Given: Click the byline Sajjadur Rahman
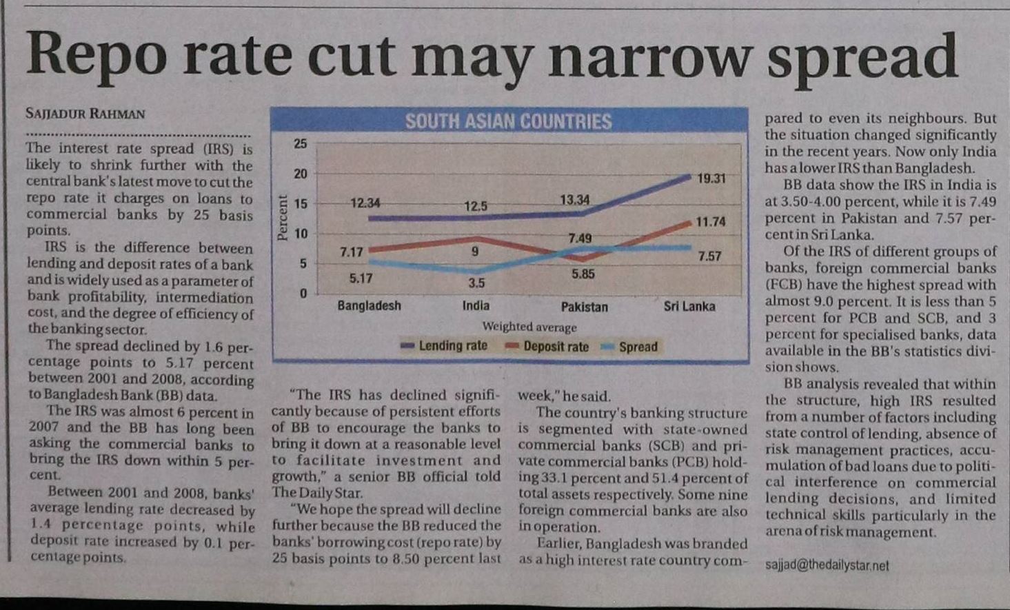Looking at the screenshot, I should (x=85, y=113).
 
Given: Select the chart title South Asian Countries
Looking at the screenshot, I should (x=508, y=122).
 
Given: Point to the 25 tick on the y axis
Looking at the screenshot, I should (x=301, y=144).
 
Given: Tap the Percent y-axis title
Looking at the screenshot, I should (x=282, y=218).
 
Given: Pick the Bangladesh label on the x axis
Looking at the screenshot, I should (x=369, y=305).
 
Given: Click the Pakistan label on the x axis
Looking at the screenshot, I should (x=584, y=307).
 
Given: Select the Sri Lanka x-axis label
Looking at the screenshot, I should (x=689, y=306).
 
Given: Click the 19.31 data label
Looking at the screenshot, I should (x=711, y=179).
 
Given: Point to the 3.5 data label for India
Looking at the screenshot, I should (x=476, y=283).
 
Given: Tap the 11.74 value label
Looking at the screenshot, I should (x=710, y=222).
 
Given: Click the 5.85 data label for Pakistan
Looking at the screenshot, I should (x=583, y=274).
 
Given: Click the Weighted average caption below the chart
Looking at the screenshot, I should (x=529, y=327).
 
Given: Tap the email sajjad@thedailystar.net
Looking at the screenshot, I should (x=827, y=566).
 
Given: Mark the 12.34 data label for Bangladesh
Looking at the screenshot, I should (x=365, y=203).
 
